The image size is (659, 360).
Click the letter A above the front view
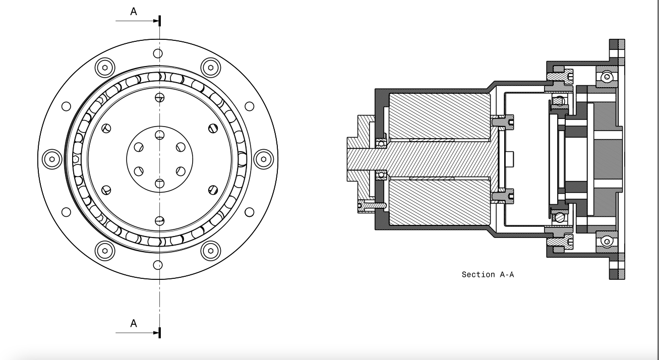click(134, 12)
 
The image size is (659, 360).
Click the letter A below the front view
click(134, 323)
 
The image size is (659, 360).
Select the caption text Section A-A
click(488, 275)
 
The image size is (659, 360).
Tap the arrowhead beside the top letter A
click(156, 21)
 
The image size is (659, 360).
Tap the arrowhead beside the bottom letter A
click(156, 333)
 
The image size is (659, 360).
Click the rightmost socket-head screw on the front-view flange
click(263, 159)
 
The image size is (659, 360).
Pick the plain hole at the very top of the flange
click(158, 53)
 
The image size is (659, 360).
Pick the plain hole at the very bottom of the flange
click(158, 265)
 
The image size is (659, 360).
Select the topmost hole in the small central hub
click(160, 135)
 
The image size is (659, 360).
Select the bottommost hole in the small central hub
click(160, 183)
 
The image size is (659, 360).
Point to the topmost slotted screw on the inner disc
click(160, 97)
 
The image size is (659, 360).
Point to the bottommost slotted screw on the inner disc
click(160, 220)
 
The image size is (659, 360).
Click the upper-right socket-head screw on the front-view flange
click(210, 67)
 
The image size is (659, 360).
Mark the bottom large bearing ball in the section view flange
click(607, 241)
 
